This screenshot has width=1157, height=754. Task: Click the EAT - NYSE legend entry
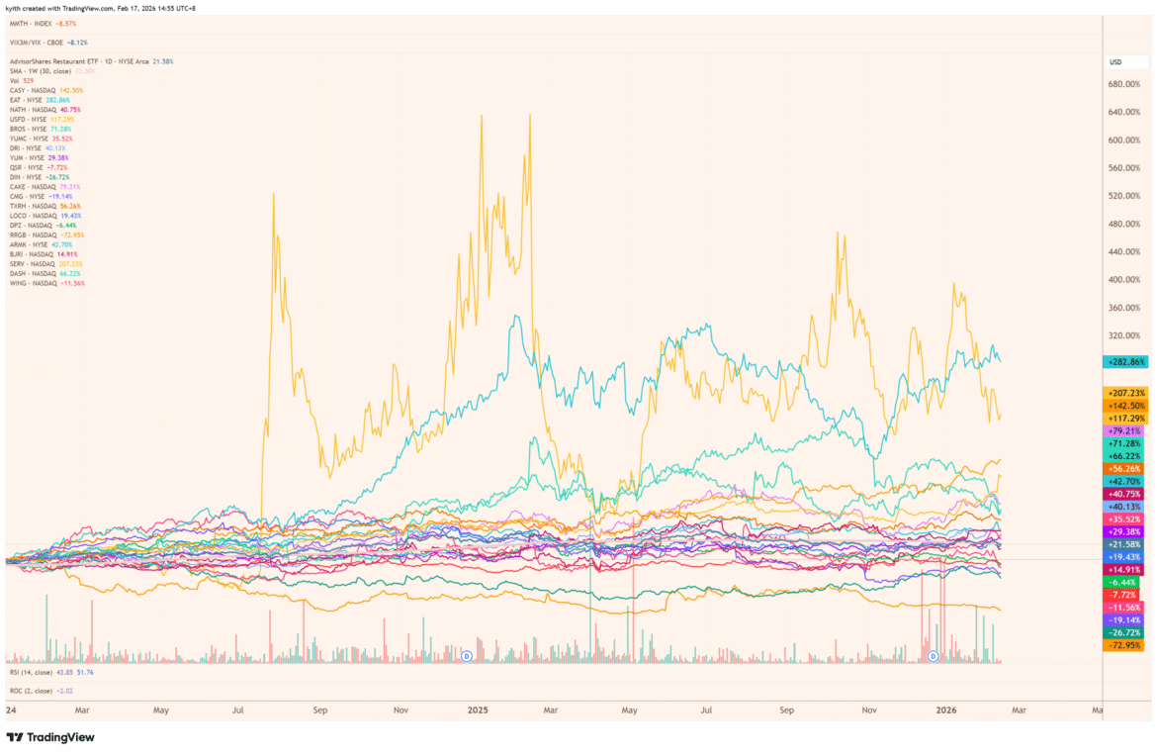40,100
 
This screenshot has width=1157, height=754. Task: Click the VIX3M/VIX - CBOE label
49,43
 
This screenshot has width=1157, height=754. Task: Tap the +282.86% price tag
1125,362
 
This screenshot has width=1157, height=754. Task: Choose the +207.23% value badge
1125,393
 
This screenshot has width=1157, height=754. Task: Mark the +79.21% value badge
1125,431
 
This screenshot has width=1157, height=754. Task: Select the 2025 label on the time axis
479,710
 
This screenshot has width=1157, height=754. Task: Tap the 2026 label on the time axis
946,710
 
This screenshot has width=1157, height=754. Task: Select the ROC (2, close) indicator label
37,690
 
